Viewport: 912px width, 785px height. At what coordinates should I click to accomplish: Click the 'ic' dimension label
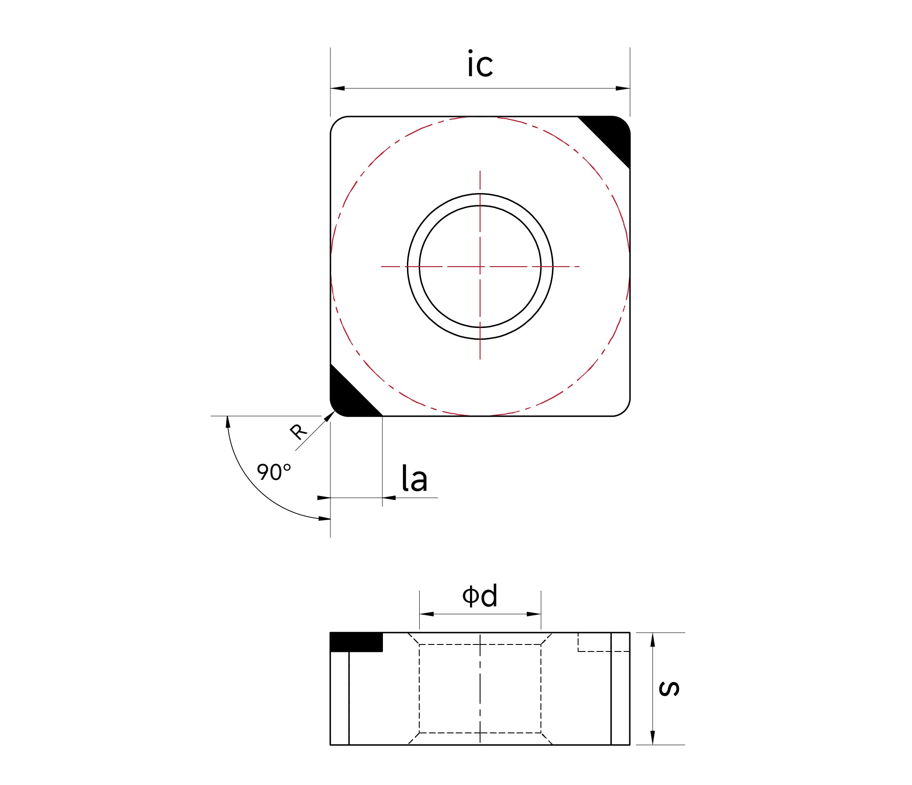(480, 64)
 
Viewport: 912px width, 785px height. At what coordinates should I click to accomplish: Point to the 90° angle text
(274, 472)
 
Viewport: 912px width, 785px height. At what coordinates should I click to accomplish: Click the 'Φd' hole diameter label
(480, 596)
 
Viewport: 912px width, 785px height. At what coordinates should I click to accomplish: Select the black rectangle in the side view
(356, 642)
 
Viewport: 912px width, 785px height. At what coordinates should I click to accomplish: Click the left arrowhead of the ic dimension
(337, 88)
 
